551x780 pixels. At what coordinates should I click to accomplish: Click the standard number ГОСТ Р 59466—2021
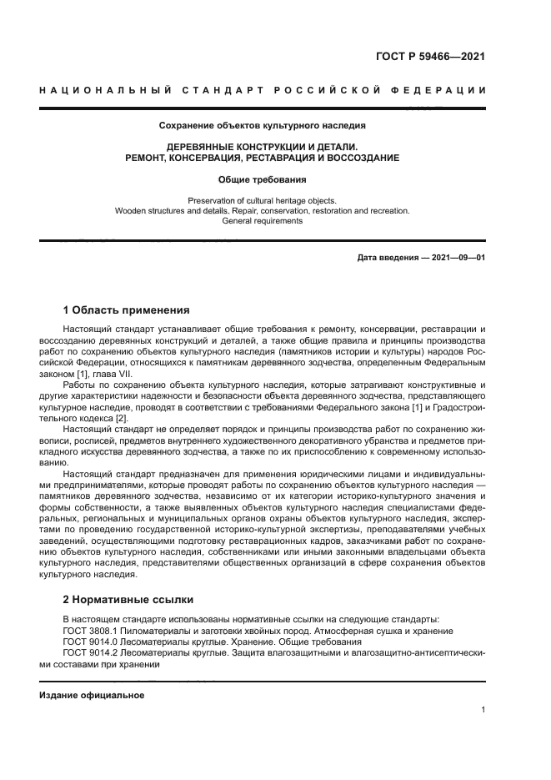[x=428, y=57]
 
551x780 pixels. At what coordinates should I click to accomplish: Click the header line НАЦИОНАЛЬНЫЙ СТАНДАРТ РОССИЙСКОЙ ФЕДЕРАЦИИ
[x=263, y=90]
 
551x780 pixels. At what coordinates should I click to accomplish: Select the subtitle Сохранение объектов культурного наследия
[x=263, y=126]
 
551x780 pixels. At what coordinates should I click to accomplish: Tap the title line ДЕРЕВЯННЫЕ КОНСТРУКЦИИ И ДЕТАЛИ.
[x=263, y=146]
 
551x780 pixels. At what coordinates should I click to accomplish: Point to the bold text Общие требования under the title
[x=263, y=179]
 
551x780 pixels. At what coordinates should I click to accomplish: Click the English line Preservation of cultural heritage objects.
[x=263, y=200]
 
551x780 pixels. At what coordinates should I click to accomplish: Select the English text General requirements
[x=263, y=221]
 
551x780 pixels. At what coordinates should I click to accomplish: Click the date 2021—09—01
[x=458, y=259]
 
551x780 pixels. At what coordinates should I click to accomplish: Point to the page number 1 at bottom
[x=483, y=710]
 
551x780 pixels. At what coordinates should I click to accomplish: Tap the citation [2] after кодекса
[x=122, y=418]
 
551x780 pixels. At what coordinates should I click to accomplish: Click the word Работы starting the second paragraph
[x=80, y=385]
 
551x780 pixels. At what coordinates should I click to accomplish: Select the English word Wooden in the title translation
[x=131, y=211]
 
